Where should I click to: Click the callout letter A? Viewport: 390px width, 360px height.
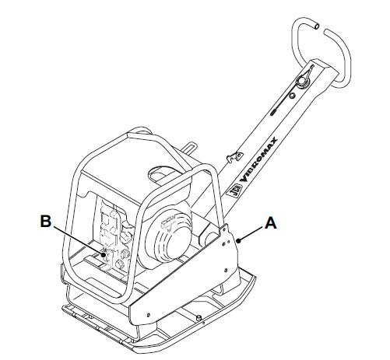[271, 223]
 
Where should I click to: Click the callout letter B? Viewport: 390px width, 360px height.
[46, 222]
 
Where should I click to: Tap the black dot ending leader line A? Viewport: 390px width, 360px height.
[239, 241]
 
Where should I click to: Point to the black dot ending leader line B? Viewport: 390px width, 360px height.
[104, 254]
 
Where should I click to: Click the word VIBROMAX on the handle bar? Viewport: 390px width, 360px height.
[258, 159]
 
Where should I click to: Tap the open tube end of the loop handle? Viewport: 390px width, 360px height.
[316, 26]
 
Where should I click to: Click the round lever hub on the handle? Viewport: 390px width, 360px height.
[301, 81]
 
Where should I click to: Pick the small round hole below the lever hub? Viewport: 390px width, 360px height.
[292, 96]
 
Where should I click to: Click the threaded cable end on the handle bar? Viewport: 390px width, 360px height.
[273, 113]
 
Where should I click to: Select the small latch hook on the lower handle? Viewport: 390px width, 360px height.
[234, 156]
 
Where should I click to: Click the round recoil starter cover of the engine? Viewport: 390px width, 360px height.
[168, 238]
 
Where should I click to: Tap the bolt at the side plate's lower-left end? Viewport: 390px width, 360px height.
[148, 315]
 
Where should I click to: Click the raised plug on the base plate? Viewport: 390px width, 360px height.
[199, 318]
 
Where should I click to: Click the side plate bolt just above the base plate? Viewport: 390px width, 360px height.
[226, 271]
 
